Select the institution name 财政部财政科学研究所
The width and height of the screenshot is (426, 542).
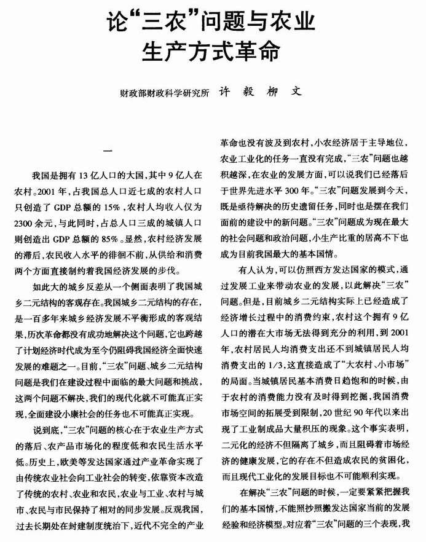coord(165,94)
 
